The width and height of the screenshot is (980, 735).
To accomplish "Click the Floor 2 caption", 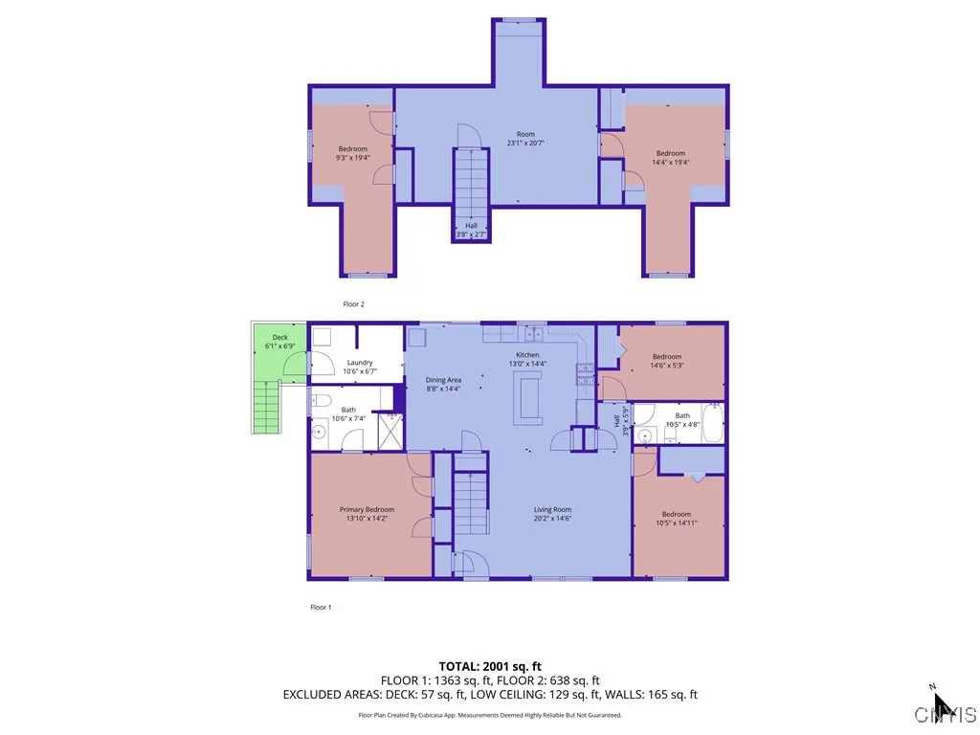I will tap(354, 304).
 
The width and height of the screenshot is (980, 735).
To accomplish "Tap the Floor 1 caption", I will tap(321, 607).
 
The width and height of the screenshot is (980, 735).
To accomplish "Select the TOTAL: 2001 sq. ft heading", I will tap(490, 665).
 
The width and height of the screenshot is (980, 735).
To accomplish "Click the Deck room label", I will tap(279, 342).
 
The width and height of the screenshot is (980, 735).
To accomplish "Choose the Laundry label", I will tap(360, 367).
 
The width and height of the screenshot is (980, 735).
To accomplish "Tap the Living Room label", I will tap(552, 514).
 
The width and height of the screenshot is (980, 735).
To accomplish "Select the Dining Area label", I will tap(443, 385).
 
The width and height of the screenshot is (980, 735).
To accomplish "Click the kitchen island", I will tap(527, 396).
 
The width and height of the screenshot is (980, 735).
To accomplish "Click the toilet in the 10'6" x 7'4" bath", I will tap(321, 401).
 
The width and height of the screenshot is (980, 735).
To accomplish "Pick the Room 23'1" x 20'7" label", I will tap(525, 139).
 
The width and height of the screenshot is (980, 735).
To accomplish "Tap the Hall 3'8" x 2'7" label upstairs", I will tap(471, 230).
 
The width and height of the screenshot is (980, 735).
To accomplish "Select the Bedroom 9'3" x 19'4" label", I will tap(352, 153).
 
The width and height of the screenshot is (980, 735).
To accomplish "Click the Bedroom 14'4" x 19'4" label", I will tap(670, 158).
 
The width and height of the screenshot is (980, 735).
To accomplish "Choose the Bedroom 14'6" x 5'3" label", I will tap(666, 361).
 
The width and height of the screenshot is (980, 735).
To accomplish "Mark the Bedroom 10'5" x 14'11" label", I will tap(677, 518).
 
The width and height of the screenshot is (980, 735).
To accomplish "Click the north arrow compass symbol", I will tap(942, 702).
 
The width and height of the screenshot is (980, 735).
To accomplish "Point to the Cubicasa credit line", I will tap(490, 715).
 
